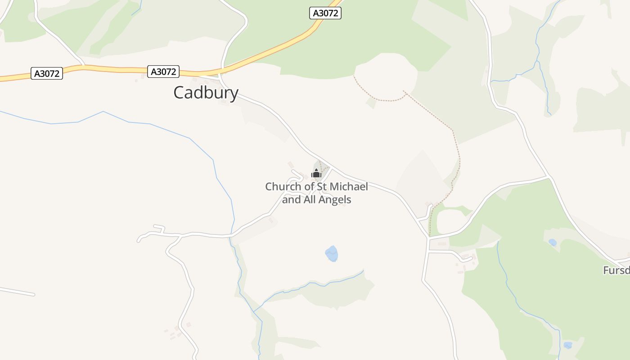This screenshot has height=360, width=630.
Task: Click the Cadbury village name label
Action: [206, 93]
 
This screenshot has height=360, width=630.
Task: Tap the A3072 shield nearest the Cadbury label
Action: [163, 72]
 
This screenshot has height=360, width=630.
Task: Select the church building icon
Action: [316, 173]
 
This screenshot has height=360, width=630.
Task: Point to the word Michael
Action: [349, 186]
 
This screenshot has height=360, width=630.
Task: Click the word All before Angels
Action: [310, 199]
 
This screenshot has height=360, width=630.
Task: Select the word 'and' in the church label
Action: [292, 199]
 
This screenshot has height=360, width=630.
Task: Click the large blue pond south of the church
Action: [332, 254]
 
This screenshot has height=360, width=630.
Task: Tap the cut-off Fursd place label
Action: [616, 270]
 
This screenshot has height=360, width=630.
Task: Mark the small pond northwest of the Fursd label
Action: [553, 242]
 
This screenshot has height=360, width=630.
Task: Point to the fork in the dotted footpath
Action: [404, 92]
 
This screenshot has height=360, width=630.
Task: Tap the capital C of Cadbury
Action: [179, 93]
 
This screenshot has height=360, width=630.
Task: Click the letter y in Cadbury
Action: [234, 94]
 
